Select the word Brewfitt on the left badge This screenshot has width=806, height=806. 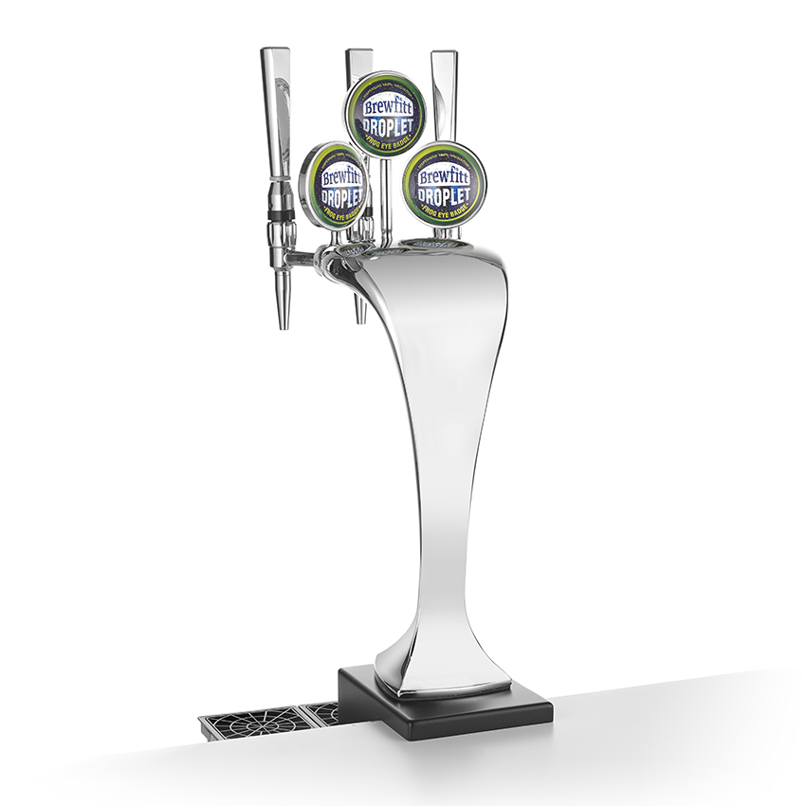coord(339,176)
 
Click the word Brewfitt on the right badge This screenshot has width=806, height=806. coord(445,176)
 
